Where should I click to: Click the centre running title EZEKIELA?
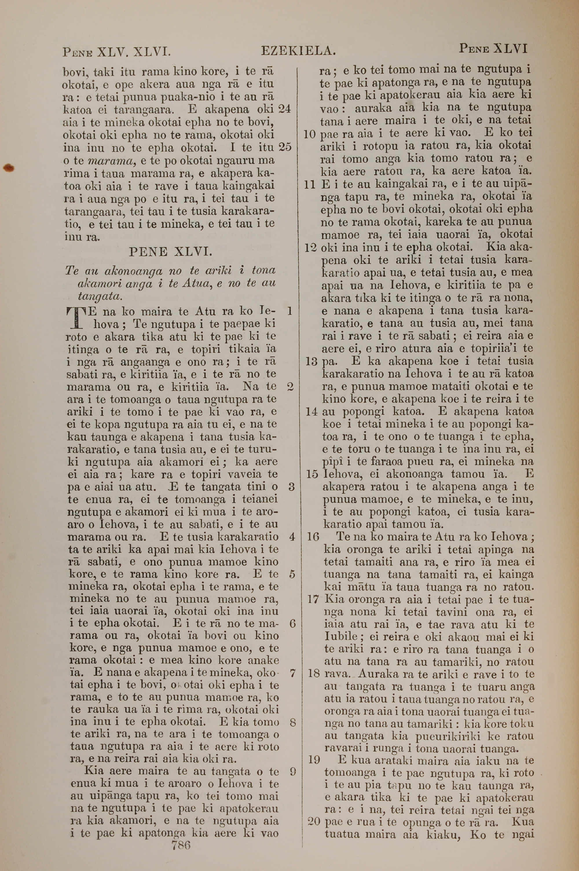click(x=298, y=51)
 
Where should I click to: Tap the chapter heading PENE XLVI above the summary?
click(x=170, y=252)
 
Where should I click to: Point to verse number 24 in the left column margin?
click(x=285, y=109)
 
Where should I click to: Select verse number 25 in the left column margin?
click(x=285, y=147)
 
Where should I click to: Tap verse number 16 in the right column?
click(x=313, y=537)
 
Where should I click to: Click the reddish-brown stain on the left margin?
click(x=8, y=168)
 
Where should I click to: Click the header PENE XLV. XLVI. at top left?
click(x=116, y=51)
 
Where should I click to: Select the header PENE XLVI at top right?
click(x=493, y=49)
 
